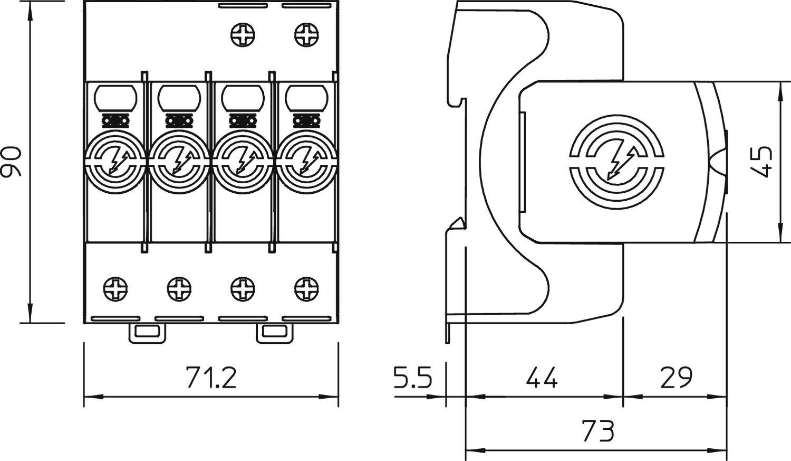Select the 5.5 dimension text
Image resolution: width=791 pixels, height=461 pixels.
pyautogui.click(x=413, y=378)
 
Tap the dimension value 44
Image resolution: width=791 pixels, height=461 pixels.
pyautogui.click(x=542, y=378)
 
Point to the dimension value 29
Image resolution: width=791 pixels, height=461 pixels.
pyautogui.click(x=676, y=378)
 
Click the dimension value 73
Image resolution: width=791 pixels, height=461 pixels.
pyautogui.click(x=598, y=431)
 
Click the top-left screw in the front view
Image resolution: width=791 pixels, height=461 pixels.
pyautogui.click(x=243, y=35)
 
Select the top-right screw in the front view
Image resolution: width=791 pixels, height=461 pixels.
pyautogui.click(x=306, y=35)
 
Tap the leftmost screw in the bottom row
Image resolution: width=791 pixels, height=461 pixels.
pyautogui.click(x=115, y=289)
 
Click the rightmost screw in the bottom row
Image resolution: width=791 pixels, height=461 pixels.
pyautogui.click(x=306, y=289)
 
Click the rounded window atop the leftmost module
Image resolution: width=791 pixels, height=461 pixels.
pyautogui.click(x=115, y=98)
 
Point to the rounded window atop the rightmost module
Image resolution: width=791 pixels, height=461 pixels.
pyautogui.click(x=306, y=98)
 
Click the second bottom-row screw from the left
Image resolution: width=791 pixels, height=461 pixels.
pyautogui.click(x=179, y=289)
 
